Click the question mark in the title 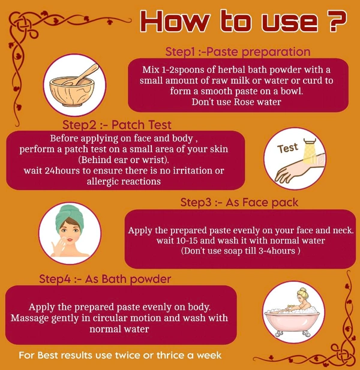[336, 21]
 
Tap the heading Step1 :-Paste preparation [238, 52]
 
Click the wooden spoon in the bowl [82, 74]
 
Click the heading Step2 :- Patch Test [117, 125]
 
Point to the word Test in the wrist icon [287, 148]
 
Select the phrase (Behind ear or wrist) [124, 160]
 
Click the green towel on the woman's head [69, 218]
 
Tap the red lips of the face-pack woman [70, 240]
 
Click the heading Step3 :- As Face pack [239, 203]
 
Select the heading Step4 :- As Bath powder [105, 279]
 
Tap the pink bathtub [292, 321]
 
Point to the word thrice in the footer [171, 355]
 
